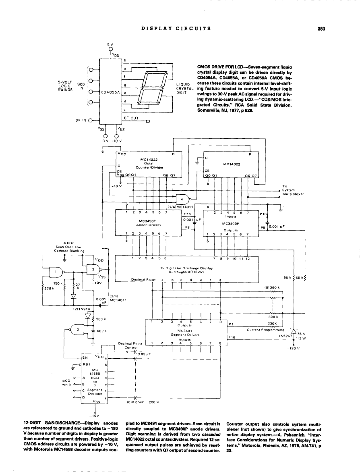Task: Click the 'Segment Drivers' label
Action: pyautogui.click(x=183, y=335)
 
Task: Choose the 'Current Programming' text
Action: pyautogui.click(x=266, y=330)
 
